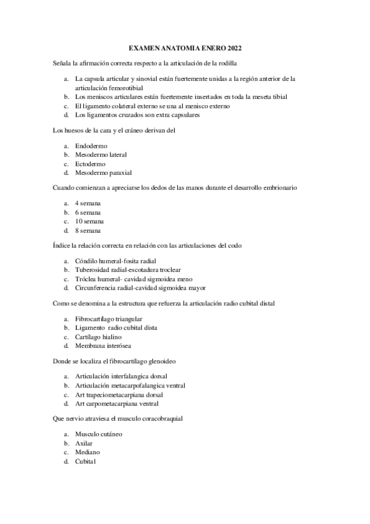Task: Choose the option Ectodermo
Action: [x=90, y=164]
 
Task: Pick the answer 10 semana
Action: [x=89, y=221]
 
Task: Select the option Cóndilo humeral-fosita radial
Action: [x=111, y=260]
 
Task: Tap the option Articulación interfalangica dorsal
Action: [x=121, y=376]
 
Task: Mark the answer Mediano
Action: [x=87, y=452]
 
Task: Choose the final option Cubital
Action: [x=86, y=462]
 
